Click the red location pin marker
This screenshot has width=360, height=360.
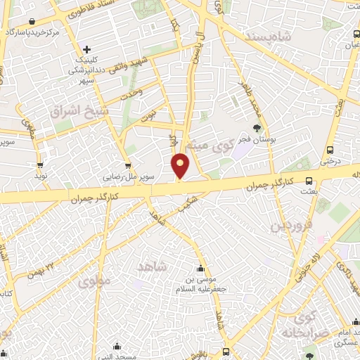tap(181, 166)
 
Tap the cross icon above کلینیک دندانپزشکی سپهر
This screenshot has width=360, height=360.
tap(86, 49)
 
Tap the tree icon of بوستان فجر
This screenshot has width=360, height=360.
tap(257, 128)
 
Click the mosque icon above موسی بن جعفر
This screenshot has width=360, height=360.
tap(202, 269)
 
